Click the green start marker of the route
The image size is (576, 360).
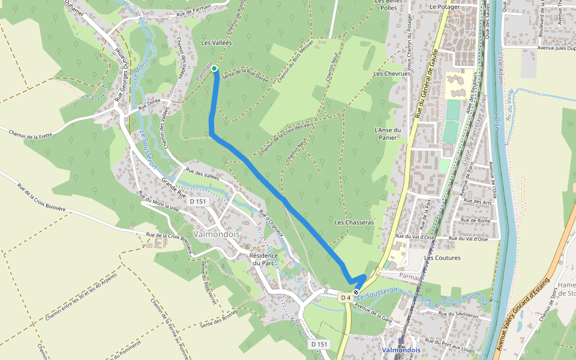point(214,68)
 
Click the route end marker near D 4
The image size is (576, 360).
point(356,292)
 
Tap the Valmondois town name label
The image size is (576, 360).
point(217,234)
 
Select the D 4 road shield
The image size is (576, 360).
point(345,298)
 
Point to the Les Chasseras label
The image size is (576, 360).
point(353,223)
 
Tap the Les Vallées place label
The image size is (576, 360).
point(216,43)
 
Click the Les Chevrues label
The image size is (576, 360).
point(387,74)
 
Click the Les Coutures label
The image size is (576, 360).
point(442,258)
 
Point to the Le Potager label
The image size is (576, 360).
point(443,7)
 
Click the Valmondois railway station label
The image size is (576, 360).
point(401,350)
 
